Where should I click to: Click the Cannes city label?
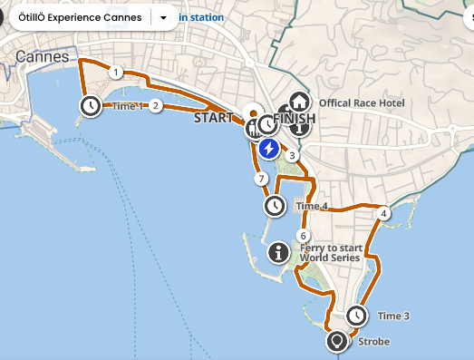(x=43, y=56)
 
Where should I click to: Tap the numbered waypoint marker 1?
(x=116, y=72)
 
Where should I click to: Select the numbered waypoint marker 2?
(x=156, y=105)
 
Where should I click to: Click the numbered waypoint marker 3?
(x=292, y=156)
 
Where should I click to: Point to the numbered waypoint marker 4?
(x=384, y=213)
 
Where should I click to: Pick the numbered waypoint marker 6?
(x=303, y=236)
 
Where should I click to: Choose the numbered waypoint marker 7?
(x=261, y=179)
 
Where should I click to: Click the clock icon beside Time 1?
(x=91, y=105)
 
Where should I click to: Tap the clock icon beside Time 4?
(x=275, y=207)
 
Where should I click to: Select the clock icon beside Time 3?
(x=357, y=316)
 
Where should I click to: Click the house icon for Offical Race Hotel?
(x=298, y=102)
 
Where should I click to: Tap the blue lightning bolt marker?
(x=268, y=149)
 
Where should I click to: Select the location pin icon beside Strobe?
(x=337, y=343)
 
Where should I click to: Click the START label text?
(x=213, y=117)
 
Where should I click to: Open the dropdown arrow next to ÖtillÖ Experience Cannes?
(x=163, y=17)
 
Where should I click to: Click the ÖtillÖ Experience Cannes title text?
(x=80, y=17)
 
